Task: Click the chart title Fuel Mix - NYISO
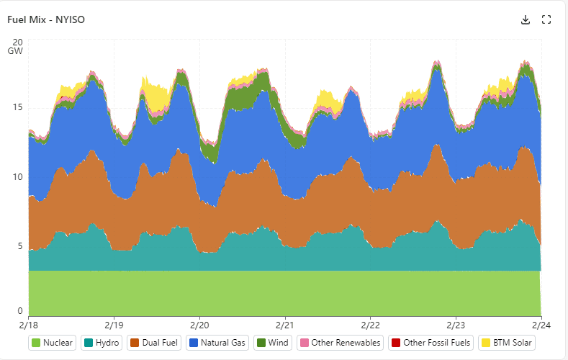click(x=46, y=19)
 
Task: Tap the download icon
click(x=526, y=19)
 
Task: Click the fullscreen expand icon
click(x=546, y=19)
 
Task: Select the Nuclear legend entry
click(x=53, y=343)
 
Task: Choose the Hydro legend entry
click(x=102, y=343)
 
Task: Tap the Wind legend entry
click(x=271, y=343)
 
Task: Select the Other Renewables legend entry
click(x=339, y=343)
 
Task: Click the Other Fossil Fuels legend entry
click(x=430, y=343)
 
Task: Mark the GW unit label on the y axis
click(x=16, y=52)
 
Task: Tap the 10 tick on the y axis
click(x=18, y=177)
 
